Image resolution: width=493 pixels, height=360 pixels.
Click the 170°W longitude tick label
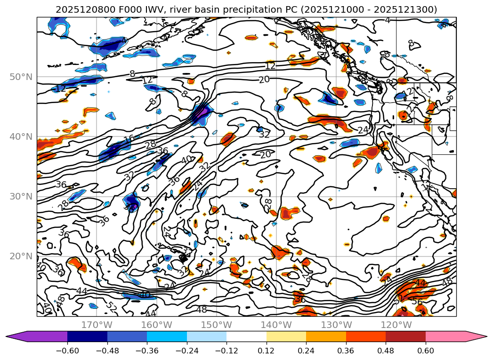97,325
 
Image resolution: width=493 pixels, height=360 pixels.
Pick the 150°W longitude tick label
217,325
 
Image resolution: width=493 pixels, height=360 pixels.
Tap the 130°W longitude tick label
337,325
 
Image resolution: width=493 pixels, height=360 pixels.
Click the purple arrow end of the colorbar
14,336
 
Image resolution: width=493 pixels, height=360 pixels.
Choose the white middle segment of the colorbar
246,336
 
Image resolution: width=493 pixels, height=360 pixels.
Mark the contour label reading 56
417,302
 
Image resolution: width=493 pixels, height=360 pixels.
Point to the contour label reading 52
111,306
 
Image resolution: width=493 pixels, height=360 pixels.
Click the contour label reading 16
129,138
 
